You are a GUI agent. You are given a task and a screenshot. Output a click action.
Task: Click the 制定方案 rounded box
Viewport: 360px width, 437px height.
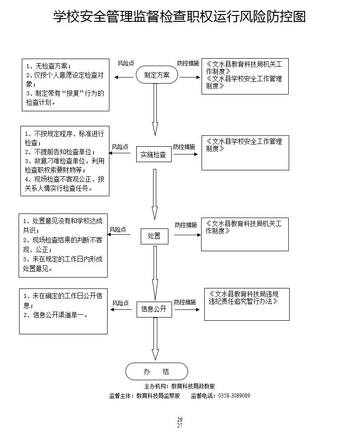pyautogui.click(x=157, y=75)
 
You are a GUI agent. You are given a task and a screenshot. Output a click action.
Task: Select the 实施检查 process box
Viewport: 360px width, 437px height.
pyautogui.click(x=154, y=154)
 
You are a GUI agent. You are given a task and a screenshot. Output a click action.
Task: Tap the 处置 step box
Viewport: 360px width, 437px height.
pyautogui.click(x=154, y=236)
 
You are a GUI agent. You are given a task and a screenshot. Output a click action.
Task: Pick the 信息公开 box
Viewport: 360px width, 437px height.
pyautogui.click(x=154, y=309)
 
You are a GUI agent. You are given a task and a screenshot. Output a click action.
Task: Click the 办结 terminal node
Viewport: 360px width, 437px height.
pyautogui.click(x=156, y=371)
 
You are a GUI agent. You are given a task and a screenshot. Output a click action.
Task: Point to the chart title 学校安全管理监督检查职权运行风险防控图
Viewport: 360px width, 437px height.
pyautogui.click(x=180, y=17)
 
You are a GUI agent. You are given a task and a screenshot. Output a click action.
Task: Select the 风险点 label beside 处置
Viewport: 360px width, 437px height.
pyautogui.click(x=118, y=229)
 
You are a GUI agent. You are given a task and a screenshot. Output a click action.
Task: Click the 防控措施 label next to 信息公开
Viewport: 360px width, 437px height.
pyautogui.click(x=185, y=302)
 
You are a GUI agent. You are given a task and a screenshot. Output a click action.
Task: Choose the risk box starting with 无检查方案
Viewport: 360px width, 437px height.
pyautogui.click(x=66, y=84)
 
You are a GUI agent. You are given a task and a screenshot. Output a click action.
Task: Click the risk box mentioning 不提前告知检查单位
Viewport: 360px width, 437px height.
pyautogui.click(x=65, y=161)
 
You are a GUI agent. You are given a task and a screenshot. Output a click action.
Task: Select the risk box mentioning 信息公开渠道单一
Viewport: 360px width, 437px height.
pyautogui.click(x=63, y=311)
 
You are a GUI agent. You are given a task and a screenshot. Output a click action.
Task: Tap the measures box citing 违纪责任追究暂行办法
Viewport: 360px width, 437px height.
pyautogui.click(x=247, y=304)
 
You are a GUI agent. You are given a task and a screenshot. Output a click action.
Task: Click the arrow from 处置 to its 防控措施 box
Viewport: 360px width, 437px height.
pyautogui.click(x=187, y=235)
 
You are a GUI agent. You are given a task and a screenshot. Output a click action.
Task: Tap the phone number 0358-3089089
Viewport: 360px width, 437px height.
pyautogui.click(x=234, y=396)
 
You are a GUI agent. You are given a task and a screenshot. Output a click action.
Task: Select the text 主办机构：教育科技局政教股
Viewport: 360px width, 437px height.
pyautogui.click(x=179, y=386)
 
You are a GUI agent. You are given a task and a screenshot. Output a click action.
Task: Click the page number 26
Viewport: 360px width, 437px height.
pyautogui.click(x=180, y=419)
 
